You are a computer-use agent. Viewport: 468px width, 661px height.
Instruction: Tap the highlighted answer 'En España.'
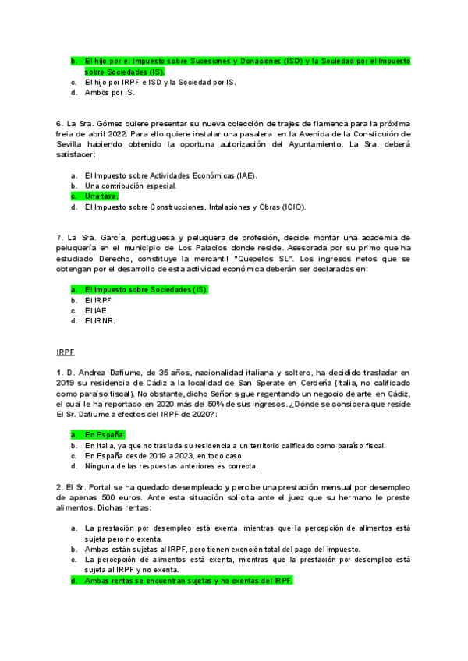[x=105, y=434]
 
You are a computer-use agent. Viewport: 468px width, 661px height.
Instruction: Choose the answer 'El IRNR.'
[x=100, y=320]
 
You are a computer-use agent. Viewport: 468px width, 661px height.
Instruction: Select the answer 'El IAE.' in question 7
[x=97, y=309]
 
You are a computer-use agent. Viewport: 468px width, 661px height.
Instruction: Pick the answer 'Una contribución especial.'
[x=130, y=186]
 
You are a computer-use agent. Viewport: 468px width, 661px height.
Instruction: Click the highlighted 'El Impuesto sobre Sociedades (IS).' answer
[x=146, y=289]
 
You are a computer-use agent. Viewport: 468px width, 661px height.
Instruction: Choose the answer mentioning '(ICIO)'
[x=195, y=207]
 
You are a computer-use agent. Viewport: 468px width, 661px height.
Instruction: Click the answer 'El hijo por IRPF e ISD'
[x=159, y=82]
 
